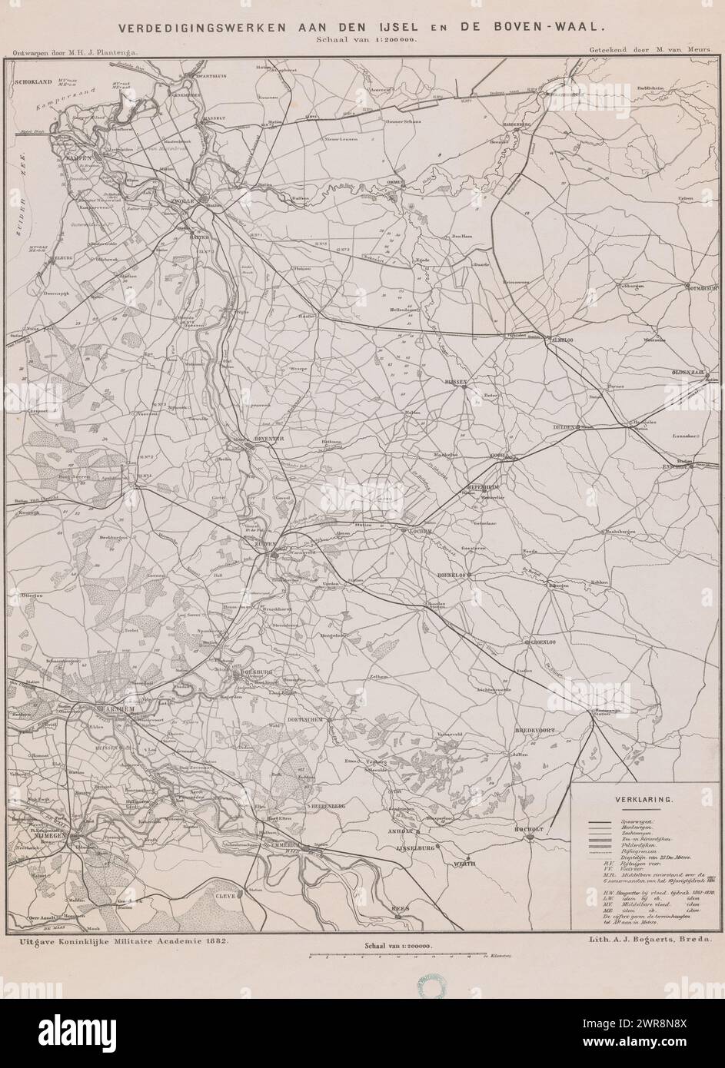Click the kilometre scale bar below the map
(x=398, y=957)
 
